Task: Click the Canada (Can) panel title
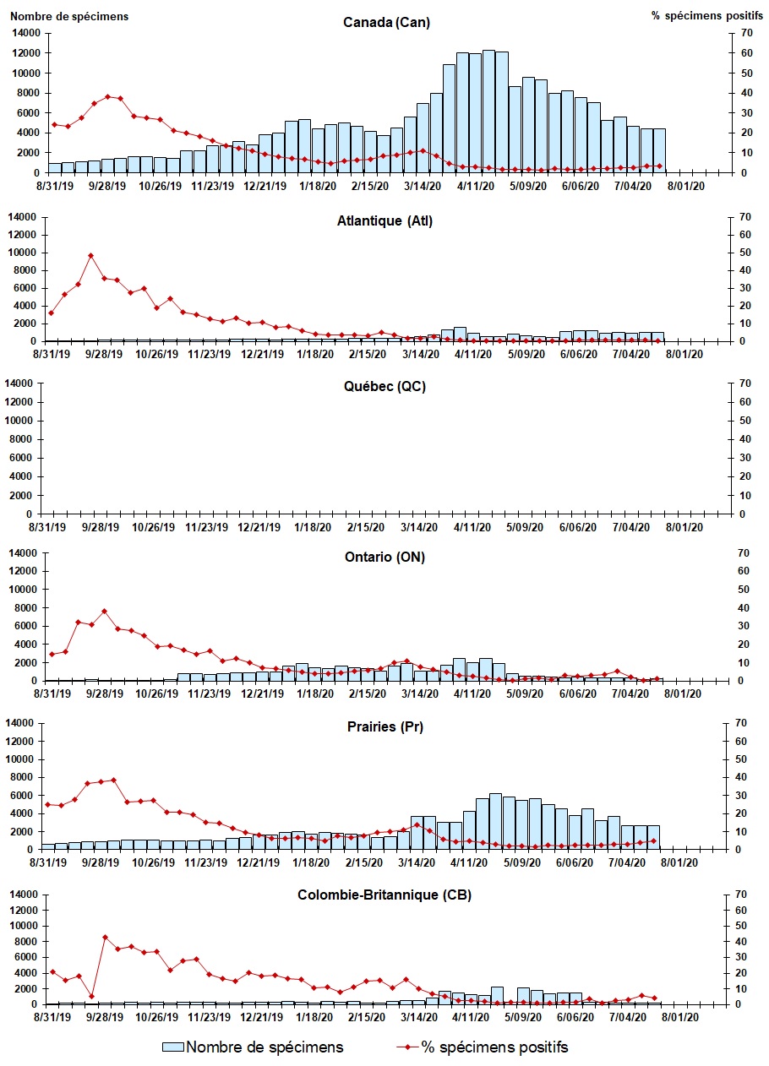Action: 386,23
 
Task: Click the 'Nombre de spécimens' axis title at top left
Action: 69,16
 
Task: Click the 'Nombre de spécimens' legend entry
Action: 265,1047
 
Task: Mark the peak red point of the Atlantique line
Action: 90,255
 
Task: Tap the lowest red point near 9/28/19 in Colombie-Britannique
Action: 91,997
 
